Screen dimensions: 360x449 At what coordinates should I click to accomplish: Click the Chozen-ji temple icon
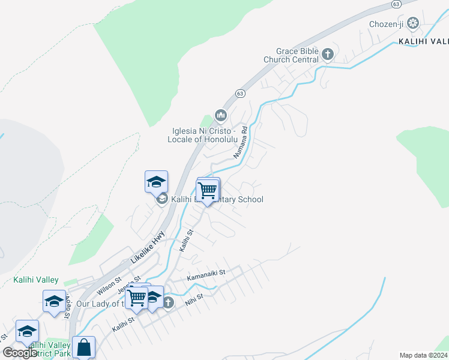[x=412, y=23]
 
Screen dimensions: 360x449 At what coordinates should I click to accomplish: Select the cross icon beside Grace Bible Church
[x=328, y=55]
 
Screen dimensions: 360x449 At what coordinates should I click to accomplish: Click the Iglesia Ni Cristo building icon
[x=220, y=115]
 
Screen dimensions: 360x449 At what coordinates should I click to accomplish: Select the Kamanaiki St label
[x=205, y=272]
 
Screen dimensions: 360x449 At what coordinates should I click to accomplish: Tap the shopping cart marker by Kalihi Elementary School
[x=208, y=191]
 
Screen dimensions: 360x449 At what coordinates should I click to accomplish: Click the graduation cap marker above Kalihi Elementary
[x=156, y=182]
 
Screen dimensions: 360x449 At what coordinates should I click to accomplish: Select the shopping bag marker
[x=83, y=347]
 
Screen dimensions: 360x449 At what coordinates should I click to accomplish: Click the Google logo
[x=20, y=353]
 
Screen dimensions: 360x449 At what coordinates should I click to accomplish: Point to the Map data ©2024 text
[x=423, y=355]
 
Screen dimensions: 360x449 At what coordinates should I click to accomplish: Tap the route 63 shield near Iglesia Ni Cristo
[x=240, y=94]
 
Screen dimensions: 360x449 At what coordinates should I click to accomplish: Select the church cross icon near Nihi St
[x=168, y=303]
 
